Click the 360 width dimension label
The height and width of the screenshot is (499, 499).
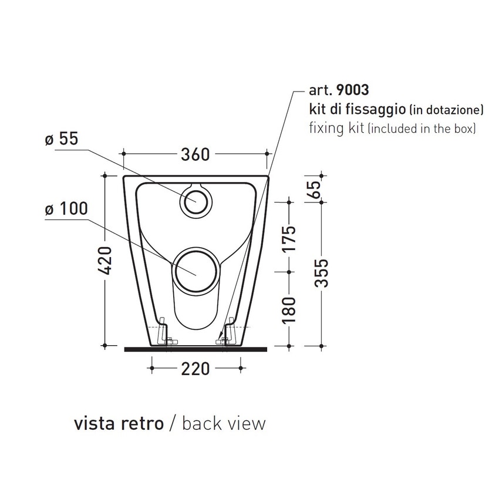(x=195, y=154)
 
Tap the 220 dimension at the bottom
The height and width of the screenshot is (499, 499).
(x=195, y=369)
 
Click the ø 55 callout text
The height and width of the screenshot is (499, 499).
(x=61, y=140)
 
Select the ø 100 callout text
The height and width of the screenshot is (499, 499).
(x=66, y=209)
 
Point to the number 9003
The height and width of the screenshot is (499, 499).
(x=352, y=91)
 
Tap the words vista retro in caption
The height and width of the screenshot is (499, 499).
(x=117, y=423)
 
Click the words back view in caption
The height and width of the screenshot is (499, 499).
(x=224, y=423)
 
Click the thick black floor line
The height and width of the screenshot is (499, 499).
(x=195, y=349)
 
